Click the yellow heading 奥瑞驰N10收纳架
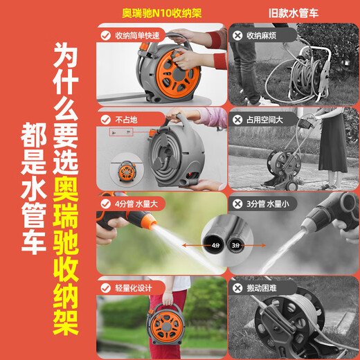(162, 13)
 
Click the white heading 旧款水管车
(294, 13)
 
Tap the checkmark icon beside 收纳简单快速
(106, 36)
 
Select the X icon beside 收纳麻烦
(237, 36)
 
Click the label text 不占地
(126, 120)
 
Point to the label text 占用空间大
(264, 120)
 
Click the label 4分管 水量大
(136, 204)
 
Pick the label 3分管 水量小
(268, 204)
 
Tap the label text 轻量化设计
(134, 288)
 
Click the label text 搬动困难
(262, 288)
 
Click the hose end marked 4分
(214, 244)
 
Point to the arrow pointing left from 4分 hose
(193, 245)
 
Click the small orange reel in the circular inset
(127, 171)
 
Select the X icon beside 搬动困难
(237, 288)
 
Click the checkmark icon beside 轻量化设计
(106, 288)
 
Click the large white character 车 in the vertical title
(34, 242)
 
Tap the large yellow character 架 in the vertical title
(66, 323)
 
